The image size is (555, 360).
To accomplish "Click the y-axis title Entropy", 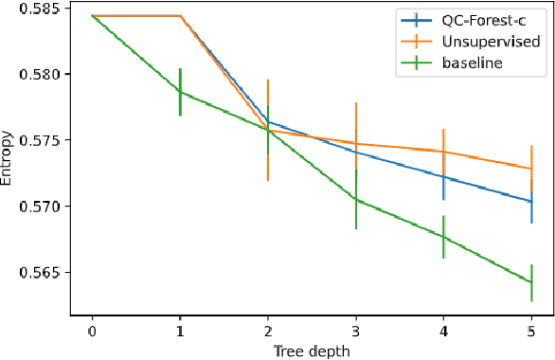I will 9,160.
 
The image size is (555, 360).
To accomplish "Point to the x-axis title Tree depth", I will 312,351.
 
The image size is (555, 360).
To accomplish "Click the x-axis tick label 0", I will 92,331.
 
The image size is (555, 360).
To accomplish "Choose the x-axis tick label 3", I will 355,331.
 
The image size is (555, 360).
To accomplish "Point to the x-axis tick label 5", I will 531,331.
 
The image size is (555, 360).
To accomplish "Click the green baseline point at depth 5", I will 531,282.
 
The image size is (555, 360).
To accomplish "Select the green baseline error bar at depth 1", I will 180,92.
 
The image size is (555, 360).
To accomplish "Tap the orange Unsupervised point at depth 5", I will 531,169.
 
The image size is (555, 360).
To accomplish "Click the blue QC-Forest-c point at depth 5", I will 531,201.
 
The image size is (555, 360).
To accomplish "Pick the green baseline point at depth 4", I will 443,237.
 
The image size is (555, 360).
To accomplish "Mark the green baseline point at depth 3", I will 355,199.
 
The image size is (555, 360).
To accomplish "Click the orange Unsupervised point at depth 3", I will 355,143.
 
